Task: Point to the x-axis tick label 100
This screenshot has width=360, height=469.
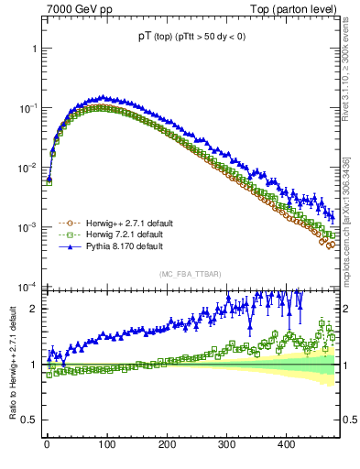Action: [106, 444]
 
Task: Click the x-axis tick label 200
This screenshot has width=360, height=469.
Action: [167, 444]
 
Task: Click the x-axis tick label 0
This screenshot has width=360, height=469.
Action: [47, 444]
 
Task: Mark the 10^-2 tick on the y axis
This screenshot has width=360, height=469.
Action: [27, 167]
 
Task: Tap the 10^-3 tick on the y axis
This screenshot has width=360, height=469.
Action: [27, 226]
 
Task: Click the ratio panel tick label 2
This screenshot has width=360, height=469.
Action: [33, 309]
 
